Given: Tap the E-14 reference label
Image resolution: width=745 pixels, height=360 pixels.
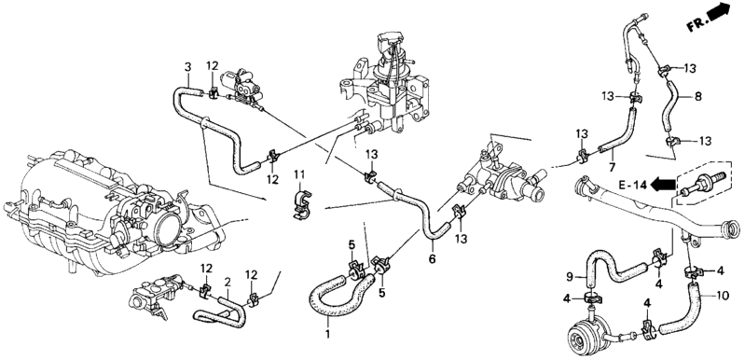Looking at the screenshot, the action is point(632,185).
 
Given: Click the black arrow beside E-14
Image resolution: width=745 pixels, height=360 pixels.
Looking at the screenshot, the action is point(662,184).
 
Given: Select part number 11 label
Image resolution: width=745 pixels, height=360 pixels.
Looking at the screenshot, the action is point(299,174).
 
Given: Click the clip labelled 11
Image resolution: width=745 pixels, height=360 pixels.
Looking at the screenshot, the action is point(300,204).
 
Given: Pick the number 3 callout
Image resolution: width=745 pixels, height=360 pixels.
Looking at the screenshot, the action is point(187,67).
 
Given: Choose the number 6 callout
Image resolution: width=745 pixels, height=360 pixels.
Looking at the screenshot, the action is point(432,259).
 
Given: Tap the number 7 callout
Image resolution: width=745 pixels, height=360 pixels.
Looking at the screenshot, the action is point(612,166).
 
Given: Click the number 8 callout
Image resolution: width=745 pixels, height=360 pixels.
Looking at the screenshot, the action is point(697,97).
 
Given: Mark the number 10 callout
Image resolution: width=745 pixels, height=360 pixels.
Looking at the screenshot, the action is point(722,296).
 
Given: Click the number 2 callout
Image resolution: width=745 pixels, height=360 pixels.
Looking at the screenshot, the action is point(228,283).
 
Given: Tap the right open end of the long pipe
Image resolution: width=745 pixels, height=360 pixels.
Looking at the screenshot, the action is point(730,230).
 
